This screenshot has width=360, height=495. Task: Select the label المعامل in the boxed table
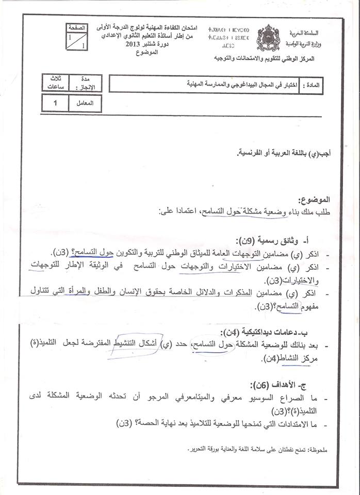click(x=88, y=104)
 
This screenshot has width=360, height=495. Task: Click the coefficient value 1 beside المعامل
click(x=56, y=104)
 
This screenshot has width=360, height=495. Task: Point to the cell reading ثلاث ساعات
click(x=55, y=83)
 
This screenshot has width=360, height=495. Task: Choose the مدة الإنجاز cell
click(x=89, y=83)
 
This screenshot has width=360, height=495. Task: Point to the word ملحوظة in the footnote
click(x=316, y=450)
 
